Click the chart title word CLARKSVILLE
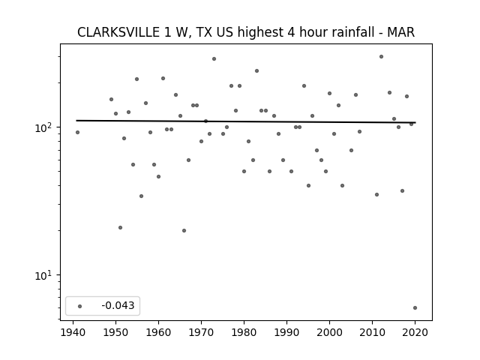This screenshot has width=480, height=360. pos(118,32)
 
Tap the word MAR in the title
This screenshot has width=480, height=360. pos(400,32)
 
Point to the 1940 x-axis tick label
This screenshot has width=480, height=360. pos(73,332)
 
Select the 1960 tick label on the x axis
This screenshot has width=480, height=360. pos(158,332)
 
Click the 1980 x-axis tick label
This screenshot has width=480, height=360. pos(244,332)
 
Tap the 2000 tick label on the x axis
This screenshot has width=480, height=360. pos(329,332)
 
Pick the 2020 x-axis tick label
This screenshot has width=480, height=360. pos(415,332)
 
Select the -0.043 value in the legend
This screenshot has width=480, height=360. pos(118,305)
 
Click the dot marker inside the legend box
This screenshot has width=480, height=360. pos(80,306)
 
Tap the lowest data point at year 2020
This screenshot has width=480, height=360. pos(415,308)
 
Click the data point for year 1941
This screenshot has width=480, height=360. pos(77,132)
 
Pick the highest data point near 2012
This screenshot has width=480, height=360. pos(381,57)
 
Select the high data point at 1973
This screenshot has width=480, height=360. pos(214,58)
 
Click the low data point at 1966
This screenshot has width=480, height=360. pos(184,230)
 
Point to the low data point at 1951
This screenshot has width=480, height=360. pos(120,227)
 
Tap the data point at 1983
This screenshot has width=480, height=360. pos(256,71)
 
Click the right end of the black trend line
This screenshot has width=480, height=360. pos(415,122)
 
